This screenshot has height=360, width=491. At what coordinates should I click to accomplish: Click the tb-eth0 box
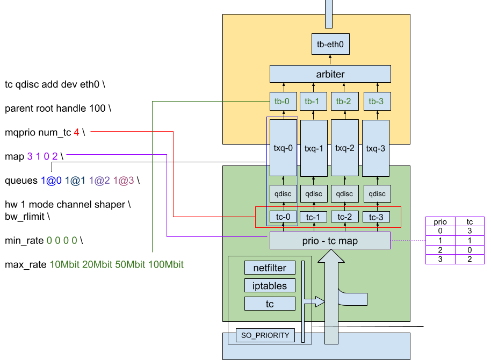(330, 44)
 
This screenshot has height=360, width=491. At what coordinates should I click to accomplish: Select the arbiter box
(330, 74)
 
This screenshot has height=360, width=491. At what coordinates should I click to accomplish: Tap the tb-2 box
(344, 101)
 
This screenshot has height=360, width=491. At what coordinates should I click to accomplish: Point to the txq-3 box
(376, 148)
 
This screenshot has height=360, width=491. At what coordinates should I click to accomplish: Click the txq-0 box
(283, 148)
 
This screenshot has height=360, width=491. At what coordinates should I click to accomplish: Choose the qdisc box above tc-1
(314, 193)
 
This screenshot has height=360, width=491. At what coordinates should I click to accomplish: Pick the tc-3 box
(376, 217)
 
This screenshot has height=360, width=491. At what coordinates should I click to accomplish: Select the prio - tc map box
(330, 241)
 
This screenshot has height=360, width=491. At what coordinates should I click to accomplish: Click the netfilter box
(270, 268)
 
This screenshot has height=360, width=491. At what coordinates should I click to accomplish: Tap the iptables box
(270, 286)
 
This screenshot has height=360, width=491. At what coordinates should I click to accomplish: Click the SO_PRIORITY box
(265, 335)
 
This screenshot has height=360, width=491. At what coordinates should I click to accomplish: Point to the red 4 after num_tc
(76, 132)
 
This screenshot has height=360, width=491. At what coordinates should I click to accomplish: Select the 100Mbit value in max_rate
(165, 264)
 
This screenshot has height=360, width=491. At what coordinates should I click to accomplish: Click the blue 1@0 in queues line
(51, 181)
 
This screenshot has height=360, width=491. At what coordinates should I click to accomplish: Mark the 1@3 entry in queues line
(124, 181)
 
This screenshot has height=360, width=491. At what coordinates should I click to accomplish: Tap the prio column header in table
(441, 221)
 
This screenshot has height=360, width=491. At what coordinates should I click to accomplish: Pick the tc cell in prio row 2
(470, 250)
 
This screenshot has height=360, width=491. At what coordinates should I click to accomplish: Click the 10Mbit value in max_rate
(64, 264)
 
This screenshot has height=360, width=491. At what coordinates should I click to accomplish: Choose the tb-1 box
(313, 101)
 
